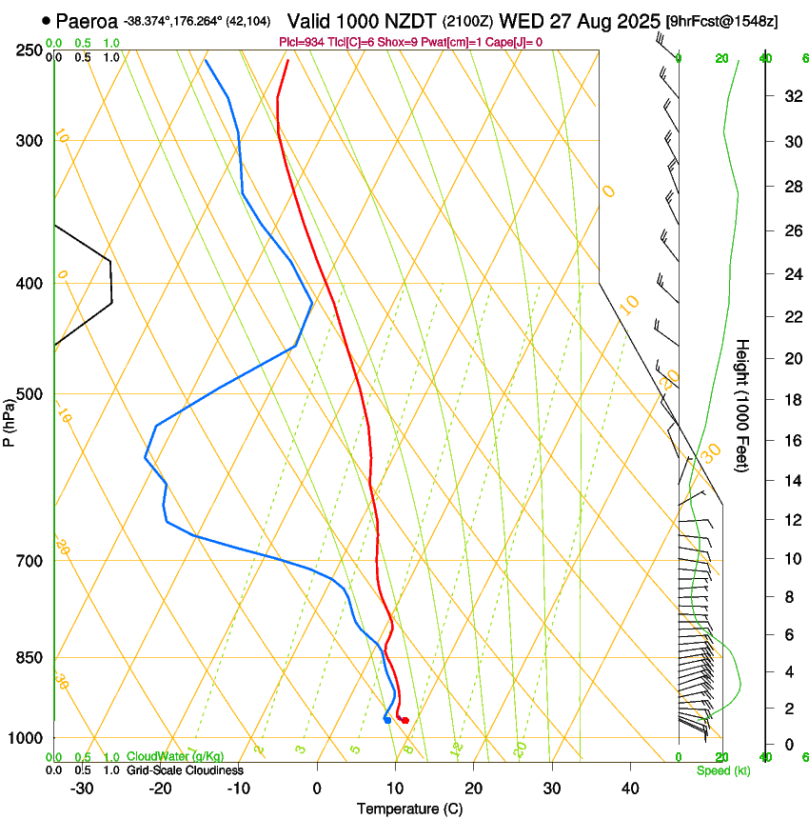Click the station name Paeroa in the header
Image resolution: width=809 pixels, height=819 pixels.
pos(87,21)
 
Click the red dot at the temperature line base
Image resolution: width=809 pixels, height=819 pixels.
pos(405,720)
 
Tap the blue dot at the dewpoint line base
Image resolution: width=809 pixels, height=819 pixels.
pos(386,719)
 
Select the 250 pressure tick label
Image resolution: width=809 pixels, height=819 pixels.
pos(29,50)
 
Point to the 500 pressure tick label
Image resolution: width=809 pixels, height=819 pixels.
pos(29,394)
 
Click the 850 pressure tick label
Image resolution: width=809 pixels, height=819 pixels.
pos(29,658)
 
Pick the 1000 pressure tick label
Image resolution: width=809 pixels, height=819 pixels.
pos(26,738)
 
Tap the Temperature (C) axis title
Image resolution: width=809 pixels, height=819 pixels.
pos(409,809)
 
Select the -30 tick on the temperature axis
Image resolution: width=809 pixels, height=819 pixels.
pos(82,789)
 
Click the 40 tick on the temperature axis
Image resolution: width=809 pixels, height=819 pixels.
pos(629,789)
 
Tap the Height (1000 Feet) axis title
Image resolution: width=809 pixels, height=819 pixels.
pos(742,405)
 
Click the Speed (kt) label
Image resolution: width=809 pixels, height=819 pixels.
pos(722,770)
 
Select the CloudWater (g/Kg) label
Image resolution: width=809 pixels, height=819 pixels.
pos(175,757)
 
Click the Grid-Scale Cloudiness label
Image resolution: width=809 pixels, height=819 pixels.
pos(185,770)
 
